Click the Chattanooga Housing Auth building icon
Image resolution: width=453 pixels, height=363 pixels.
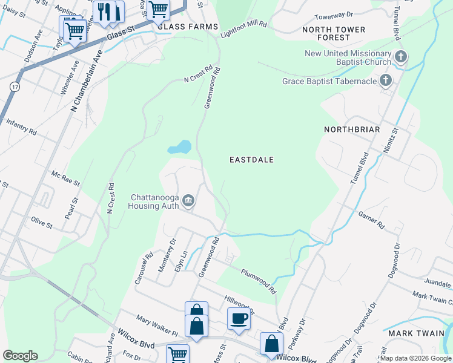(x=188, y=200)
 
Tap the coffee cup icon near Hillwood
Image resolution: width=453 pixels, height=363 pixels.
(x=239, y=317)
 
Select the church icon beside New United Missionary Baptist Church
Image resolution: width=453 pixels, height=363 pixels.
(x=400, y=57)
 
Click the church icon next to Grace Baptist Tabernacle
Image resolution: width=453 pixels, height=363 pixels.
(x=385, y=80)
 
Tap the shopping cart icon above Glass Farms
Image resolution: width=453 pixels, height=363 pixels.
(x=158, y=8)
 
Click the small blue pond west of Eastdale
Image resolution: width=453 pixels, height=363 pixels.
(x=179, y=147)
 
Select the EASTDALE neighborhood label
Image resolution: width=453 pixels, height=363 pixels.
(x=252, y=160)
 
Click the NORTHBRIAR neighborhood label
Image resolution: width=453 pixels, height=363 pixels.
(x=352, y=129)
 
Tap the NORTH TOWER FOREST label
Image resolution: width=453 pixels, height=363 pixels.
(x=334, y=33)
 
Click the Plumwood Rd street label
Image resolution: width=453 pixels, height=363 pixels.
(x=259, y=281)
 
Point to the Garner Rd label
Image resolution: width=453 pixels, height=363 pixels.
(x=371, y=219)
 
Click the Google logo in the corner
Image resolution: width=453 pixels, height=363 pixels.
(x=20, y=356)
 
